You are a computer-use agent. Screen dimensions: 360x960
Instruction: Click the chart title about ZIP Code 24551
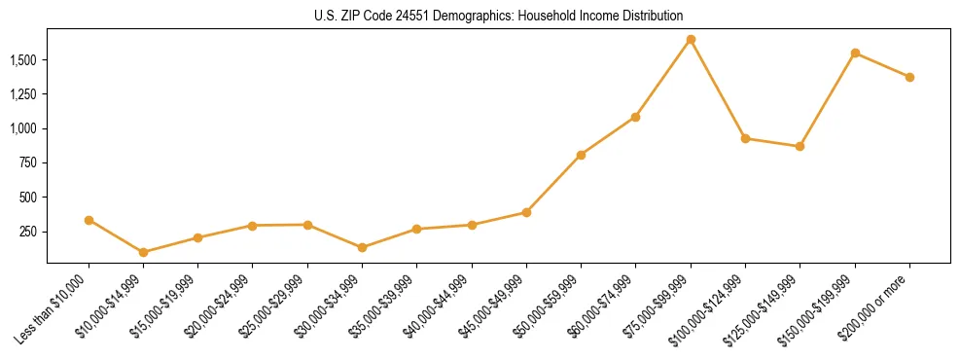pyautogui.click(x=499, y=16)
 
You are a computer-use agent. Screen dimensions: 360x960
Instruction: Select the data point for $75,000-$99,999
pyautogui.click(x=691, y=40)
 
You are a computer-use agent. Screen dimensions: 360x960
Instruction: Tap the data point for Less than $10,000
pyautogui.click(x=89, y=220)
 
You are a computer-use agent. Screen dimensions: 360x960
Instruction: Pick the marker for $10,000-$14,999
pyautogui.click(x=144, y=252)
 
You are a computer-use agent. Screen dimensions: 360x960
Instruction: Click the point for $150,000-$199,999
pyautogui.click(x=855, y=53)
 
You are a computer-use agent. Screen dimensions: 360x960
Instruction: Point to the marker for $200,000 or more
pyautogui.click(x=909, y=77)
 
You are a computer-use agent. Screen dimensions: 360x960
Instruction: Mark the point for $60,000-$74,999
pyautogui.click(x=635, y=117)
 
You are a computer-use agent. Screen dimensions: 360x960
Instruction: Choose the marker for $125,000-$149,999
pyautogui.click(x=800, y=146)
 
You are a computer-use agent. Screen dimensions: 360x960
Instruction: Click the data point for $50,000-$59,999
pyautogui.click(x=581, y=155)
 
